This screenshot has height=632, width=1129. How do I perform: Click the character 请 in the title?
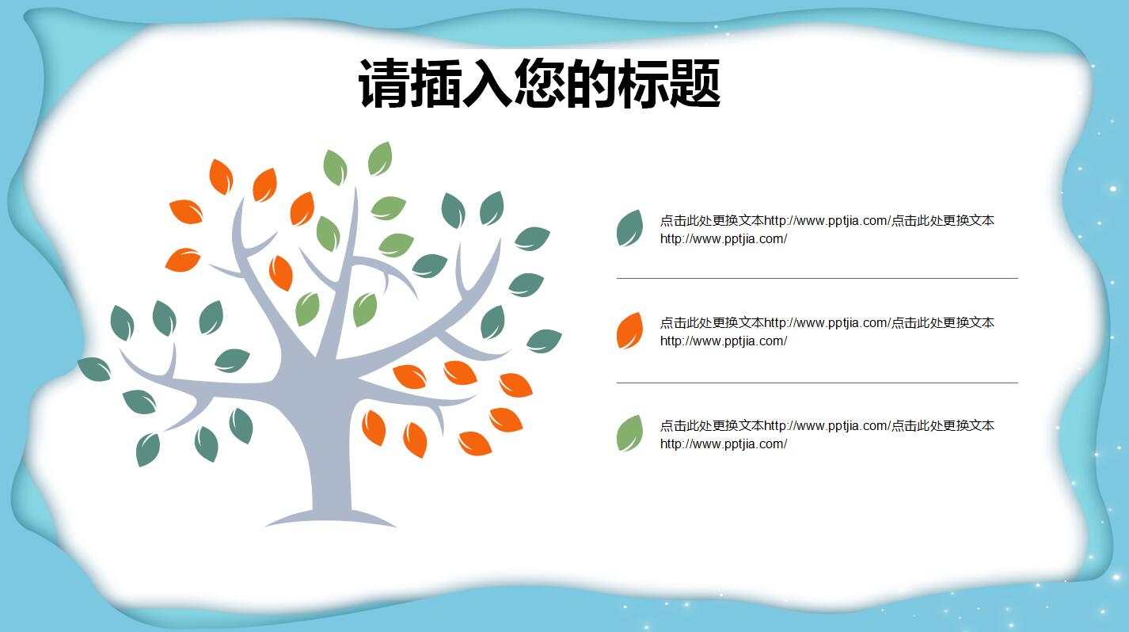tap(385, 83)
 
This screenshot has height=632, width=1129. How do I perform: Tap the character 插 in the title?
tap(436, 83)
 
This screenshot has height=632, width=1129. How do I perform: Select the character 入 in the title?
tap(488, 83)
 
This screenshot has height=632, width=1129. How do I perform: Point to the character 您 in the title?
tap(539, 83)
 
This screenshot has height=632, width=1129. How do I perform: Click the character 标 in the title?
tap(643, 83)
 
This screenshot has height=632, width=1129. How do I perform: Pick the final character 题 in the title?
tap(694, 83)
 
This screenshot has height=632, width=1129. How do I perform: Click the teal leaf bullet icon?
tap(629, 228)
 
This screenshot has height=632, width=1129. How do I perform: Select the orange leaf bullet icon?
tap(629, 331)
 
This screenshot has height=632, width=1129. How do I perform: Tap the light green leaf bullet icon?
tap(629, 433)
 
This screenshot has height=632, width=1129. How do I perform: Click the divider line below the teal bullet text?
tap(816, 278)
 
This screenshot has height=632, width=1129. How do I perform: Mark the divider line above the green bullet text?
tap(816, 383)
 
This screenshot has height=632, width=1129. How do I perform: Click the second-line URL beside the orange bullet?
tap(723, 341)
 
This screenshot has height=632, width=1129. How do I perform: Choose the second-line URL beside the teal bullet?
tap(723, 239)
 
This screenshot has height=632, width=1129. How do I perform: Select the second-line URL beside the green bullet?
tap(723, 444)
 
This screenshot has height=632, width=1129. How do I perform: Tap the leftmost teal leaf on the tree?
tap(94, 369)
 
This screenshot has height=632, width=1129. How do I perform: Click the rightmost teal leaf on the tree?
tap(544, 341)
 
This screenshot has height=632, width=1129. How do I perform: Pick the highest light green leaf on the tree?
tap(380, 158)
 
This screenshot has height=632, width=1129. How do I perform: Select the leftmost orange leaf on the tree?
tap(182, 259)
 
